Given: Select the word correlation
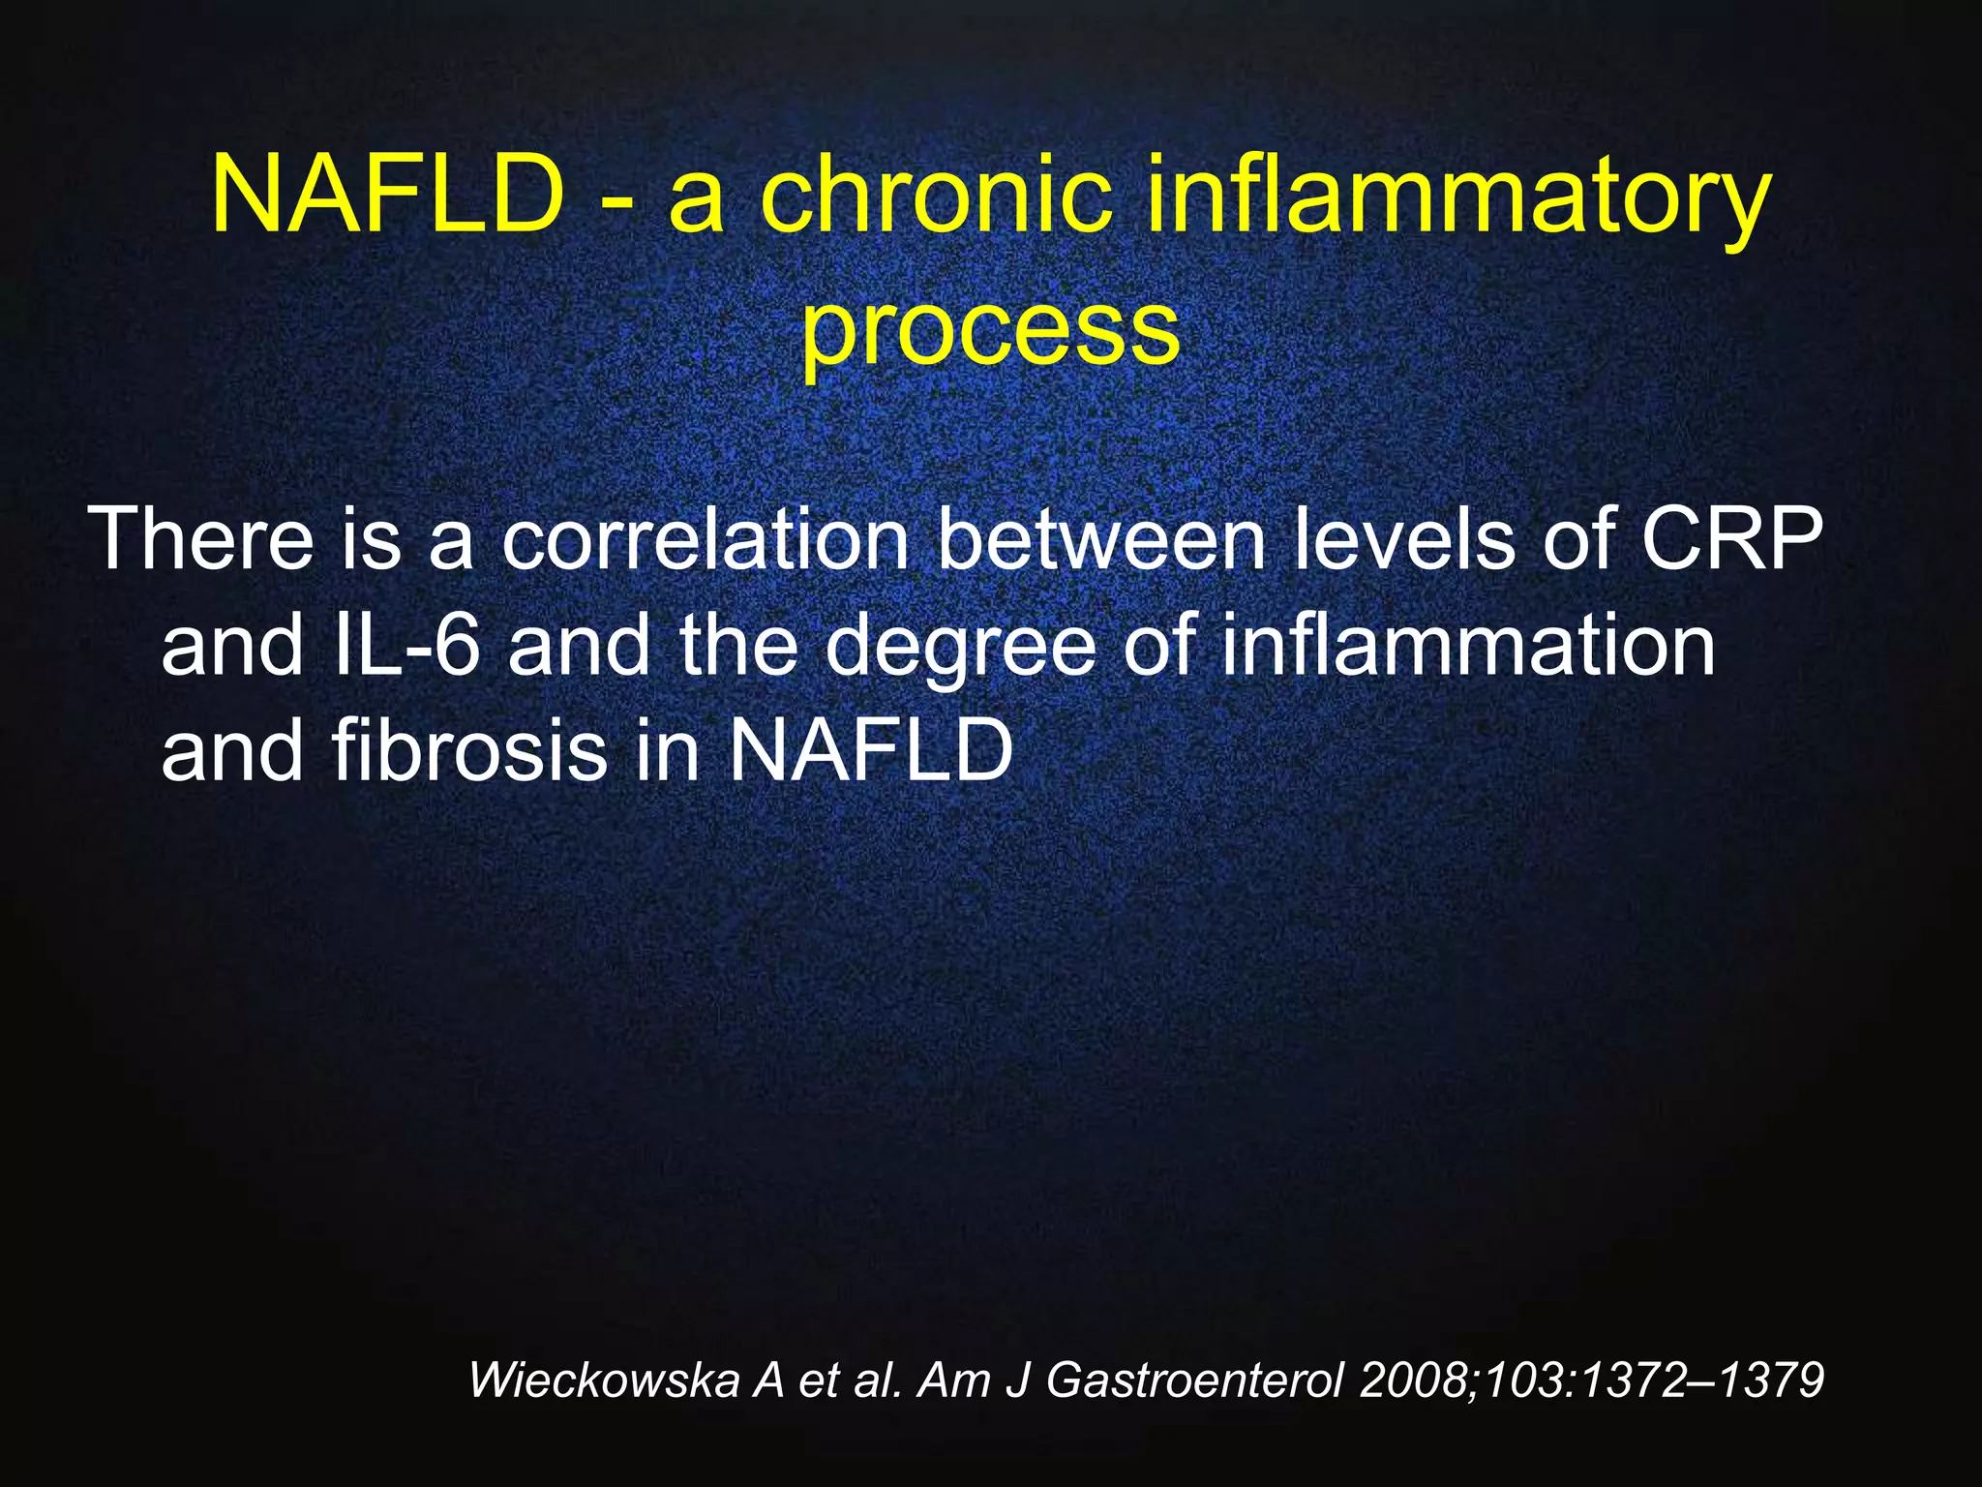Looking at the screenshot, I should coord(705,538).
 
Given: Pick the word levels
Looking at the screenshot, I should coord(1402,538).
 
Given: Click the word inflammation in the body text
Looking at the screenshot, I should coord(1467,645).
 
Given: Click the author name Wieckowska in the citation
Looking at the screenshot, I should coord(604,1380).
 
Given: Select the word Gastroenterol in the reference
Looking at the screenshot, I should coord(1195,1380).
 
